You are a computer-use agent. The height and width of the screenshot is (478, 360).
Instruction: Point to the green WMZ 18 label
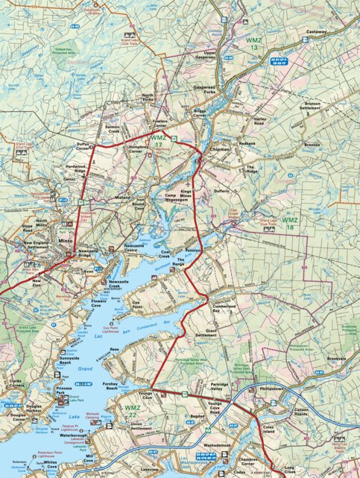[289, 220]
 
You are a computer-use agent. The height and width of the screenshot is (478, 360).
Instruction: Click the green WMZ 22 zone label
[133, 409]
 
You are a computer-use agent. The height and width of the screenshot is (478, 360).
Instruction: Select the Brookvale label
[337, 359]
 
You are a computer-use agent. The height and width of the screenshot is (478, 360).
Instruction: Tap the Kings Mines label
[186, 192]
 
